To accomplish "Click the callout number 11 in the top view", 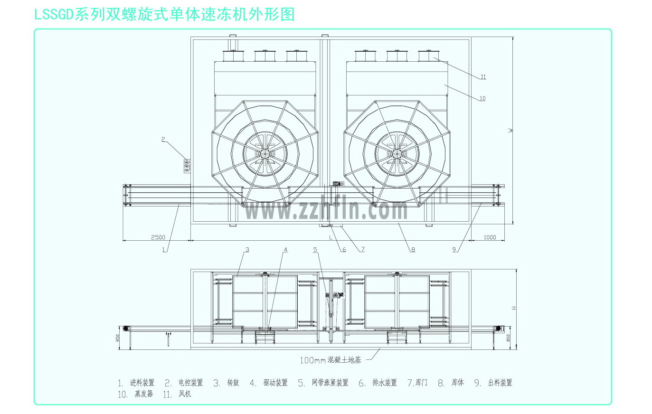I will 483,77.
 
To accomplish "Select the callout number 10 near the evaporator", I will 482,99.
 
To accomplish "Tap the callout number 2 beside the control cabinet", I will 163,140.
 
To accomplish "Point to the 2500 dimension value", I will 158,237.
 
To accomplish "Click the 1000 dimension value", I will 490,237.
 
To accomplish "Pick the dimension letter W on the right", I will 510,130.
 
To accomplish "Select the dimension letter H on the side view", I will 514,309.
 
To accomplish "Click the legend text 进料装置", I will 142,383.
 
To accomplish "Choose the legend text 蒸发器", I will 144,394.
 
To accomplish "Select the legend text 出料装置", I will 501,383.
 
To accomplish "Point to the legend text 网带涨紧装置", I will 330,383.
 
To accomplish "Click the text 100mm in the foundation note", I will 312,360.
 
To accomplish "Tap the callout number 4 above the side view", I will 285,250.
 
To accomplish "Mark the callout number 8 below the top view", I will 413,249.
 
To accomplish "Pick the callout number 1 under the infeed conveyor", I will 164,249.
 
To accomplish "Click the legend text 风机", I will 185,394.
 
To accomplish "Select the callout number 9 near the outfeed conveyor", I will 454,249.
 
